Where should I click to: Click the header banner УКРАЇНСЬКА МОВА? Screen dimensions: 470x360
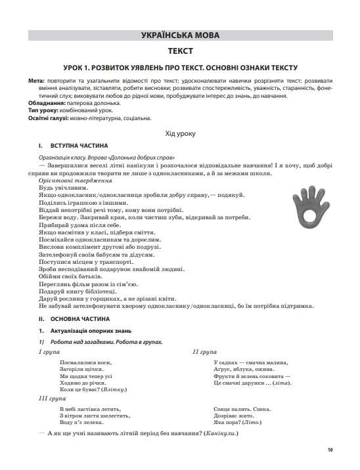pyautogui.click(x=180, y=35)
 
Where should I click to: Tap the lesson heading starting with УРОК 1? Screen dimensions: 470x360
pyautogui.click(x=180, y=68)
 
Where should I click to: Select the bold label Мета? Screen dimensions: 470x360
pyautogui.click(x=36, y=81)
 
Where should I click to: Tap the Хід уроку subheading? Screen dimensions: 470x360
pyautogui.click(x=180, y=133)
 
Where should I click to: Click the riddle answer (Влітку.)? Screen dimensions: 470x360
pyautogui.click(x=130, y=389)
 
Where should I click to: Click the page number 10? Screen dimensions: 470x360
pyautogui.click(x=330, y=450)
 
